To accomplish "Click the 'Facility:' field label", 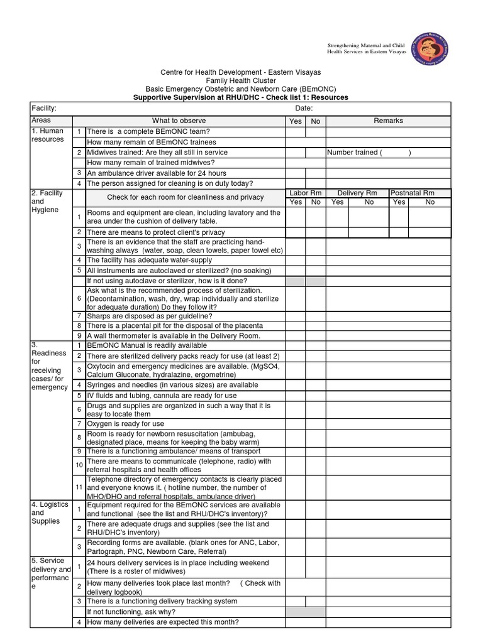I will click(44, 109).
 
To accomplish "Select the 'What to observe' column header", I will click(185, 121).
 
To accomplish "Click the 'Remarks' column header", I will click(388, 121).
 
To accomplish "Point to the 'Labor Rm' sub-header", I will click(305, 193).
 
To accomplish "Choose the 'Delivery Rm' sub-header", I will click(357, 193).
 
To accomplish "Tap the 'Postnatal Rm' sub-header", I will click(412, 193).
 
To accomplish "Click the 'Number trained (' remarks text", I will click(355, 153).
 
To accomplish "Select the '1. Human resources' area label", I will click(48, 135).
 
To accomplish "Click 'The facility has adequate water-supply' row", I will click(149, 260).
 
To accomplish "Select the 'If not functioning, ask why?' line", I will click(131, 612).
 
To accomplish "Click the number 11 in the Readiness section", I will click(79, 487).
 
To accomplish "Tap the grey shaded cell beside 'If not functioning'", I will click(305, 612).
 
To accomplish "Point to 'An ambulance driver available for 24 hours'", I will click(157, 173).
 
